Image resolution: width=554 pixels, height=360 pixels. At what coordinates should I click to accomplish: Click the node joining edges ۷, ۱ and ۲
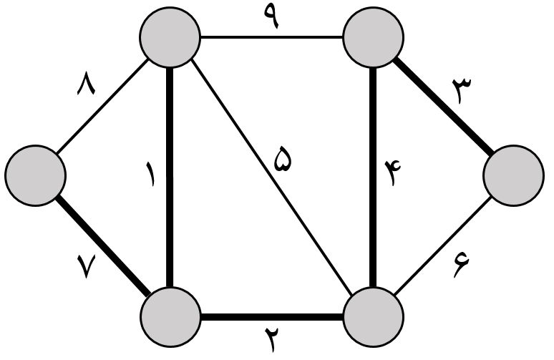(170, 315)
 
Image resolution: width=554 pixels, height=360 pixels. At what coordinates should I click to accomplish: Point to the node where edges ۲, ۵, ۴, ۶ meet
(373, 315)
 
